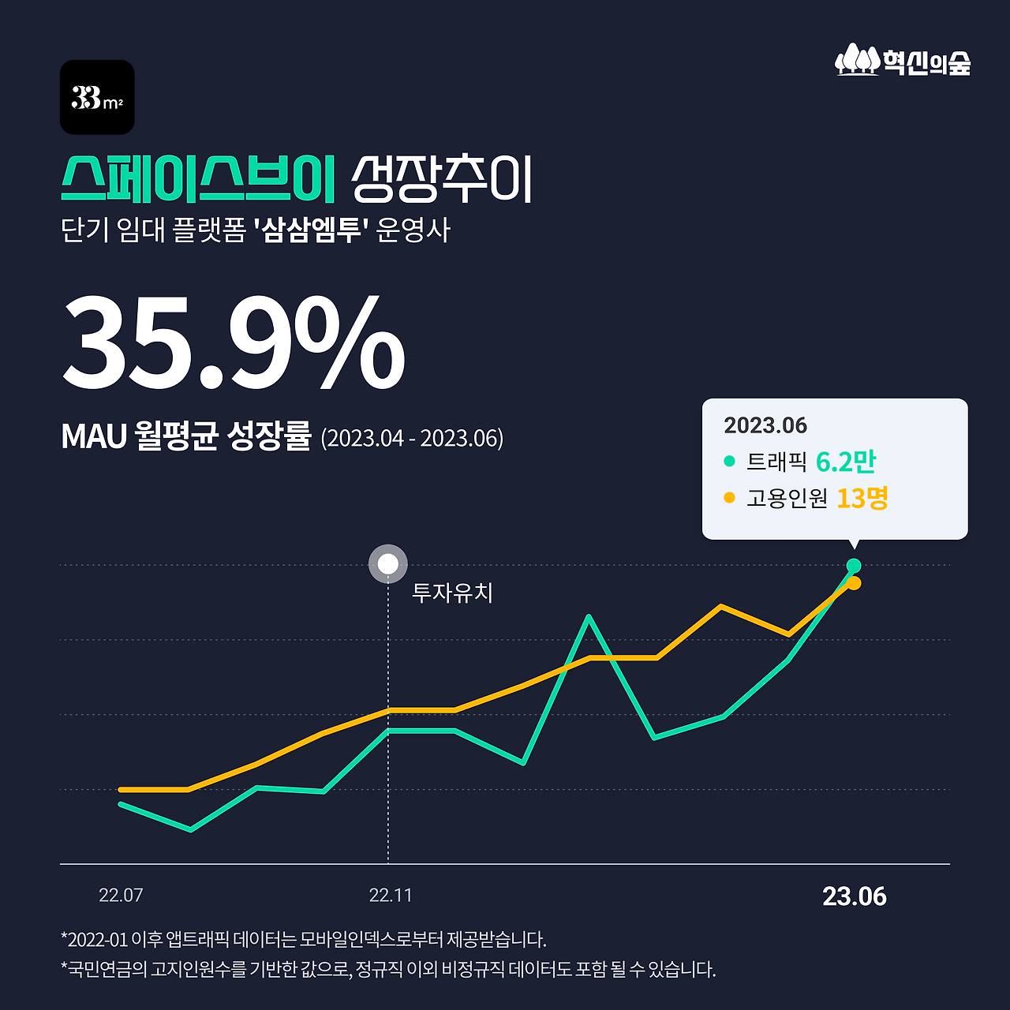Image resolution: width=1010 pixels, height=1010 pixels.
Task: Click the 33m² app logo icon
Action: (97, 97)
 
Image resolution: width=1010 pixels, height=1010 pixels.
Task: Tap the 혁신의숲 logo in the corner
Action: (903, 61)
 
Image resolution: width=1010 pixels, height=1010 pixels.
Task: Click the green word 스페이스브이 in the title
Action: (198, 179)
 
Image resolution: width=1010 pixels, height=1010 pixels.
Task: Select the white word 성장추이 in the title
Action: (442, 179)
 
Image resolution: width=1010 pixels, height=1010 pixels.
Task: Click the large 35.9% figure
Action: (234, 343)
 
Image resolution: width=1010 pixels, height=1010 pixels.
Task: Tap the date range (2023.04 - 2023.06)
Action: (412, 438)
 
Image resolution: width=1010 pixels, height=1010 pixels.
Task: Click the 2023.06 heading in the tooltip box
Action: (765, 426)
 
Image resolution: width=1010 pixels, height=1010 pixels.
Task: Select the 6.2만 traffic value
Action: (846, 462)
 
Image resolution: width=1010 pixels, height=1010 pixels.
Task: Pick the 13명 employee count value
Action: (862, 499)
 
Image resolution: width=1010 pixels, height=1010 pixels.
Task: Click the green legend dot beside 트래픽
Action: (729, 462)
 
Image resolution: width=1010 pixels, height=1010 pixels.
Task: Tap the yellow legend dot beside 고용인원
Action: (729, 498)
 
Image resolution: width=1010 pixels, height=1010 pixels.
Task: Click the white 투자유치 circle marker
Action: (388, 564)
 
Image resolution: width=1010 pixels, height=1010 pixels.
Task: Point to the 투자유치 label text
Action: (452, 593)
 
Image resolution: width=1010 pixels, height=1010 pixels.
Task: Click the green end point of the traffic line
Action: (853, 566)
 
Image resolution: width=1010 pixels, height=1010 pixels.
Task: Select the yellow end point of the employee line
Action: (854, 583)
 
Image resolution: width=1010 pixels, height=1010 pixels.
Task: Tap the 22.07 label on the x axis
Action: (121, 896)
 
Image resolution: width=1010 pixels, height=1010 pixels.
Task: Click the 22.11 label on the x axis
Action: (391, 896)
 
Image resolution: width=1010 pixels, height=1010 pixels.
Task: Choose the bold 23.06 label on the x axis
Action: (855, 896)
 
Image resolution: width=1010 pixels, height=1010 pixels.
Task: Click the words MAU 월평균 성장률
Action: (186, 436)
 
